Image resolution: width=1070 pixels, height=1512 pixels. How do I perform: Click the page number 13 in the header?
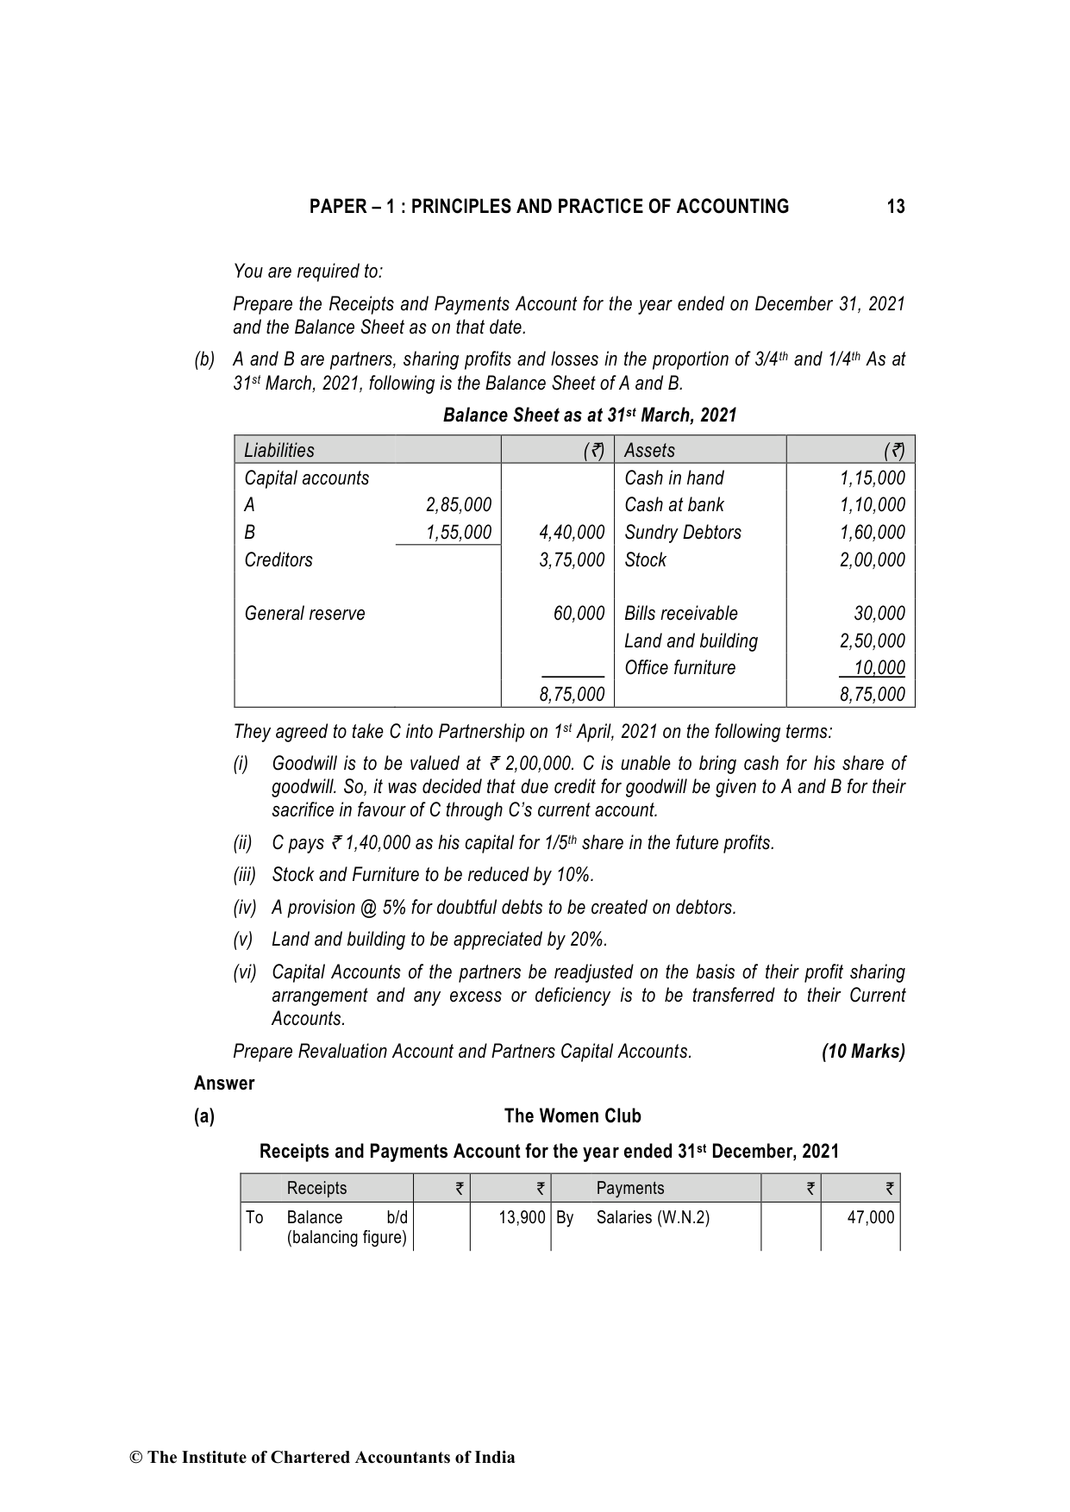895,207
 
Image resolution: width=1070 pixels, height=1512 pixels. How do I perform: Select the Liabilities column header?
279,450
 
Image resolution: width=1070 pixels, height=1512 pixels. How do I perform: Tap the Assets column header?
649,450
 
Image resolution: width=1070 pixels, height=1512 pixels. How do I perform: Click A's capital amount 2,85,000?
459,505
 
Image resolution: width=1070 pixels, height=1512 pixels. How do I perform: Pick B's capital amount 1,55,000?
459,533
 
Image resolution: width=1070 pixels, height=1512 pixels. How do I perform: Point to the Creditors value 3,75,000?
572,560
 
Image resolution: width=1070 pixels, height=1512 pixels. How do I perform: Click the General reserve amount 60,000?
579,614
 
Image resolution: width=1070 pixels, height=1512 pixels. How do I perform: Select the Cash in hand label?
673,478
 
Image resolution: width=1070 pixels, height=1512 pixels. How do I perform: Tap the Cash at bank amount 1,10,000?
872,505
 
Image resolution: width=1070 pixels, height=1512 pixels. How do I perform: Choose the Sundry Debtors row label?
682,533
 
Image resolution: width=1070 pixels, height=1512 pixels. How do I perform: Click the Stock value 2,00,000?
872,560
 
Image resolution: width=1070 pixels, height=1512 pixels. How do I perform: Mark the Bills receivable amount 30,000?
879,614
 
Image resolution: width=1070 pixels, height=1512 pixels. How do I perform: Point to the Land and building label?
691,641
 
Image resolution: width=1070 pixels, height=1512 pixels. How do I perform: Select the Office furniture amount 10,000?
879,668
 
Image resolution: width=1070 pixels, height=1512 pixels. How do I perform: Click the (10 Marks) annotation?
863,1052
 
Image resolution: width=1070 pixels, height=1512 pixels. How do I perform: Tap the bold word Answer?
224,1084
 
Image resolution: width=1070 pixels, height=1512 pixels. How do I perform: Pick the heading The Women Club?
573,1116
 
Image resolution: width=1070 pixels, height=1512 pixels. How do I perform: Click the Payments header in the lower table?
629,1188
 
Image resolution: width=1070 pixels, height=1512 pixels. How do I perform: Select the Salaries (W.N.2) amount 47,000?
870,1217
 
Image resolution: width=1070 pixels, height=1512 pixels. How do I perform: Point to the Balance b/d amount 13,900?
522,1217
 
